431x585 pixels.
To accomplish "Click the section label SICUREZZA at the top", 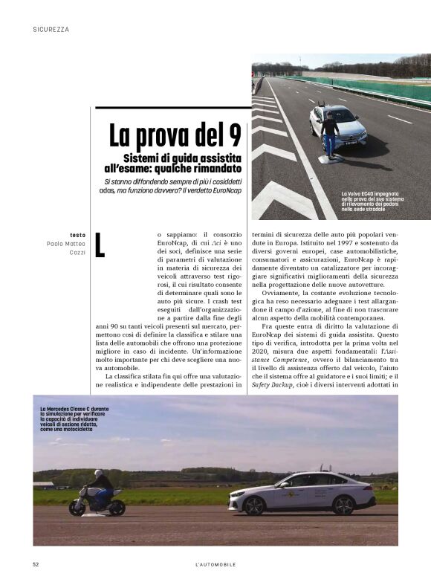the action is [51, 30].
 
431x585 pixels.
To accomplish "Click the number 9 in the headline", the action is [233, 135].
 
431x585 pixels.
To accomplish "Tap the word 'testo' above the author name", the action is [77, 235].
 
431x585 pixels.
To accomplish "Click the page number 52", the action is [36, 564].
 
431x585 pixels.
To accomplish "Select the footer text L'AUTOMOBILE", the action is [211, 564].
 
